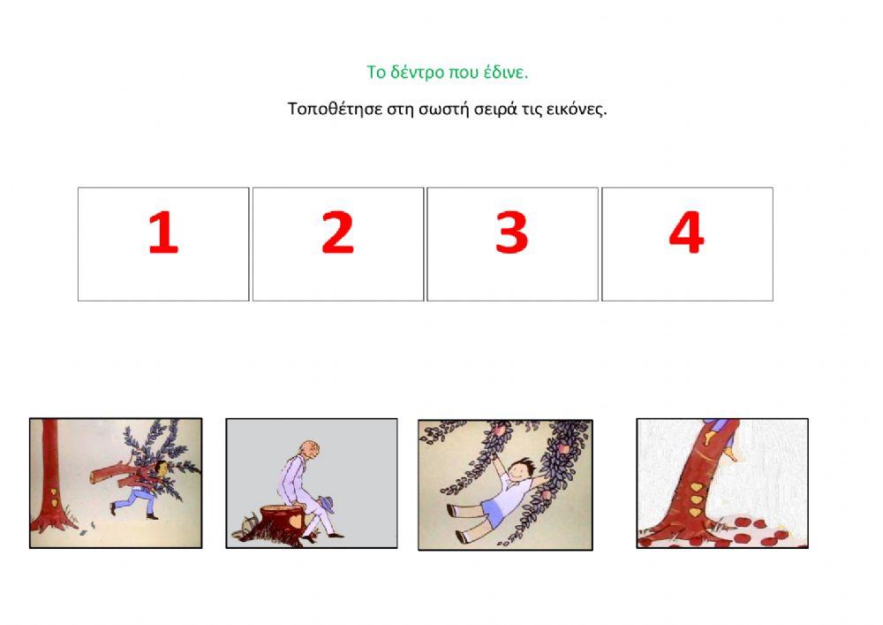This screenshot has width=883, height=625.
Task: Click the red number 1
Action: pos(163,232)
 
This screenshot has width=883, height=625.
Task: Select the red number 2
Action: pos(337,232)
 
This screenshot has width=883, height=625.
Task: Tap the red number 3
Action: pos(512,232)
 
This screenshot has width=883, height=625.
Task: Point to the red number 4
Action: pos(686,232)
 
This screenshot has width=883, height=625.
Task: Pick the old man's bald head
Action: pos(309,450)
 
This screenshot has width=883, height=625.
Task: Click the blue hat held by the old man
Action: pos(327,503)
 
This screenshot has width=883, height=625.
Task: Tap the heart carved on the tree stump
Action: pos(295,521)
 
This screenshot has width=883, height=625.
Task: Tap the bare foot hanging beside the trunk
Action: pos(730,454)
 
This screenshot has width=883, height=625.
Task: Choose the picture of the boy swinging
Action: pos(505,484)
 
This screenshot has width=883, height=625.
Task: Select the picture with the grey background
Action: pos(312,483)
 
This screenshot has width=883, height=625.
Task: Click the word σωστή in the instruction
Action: pos(443,109)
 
